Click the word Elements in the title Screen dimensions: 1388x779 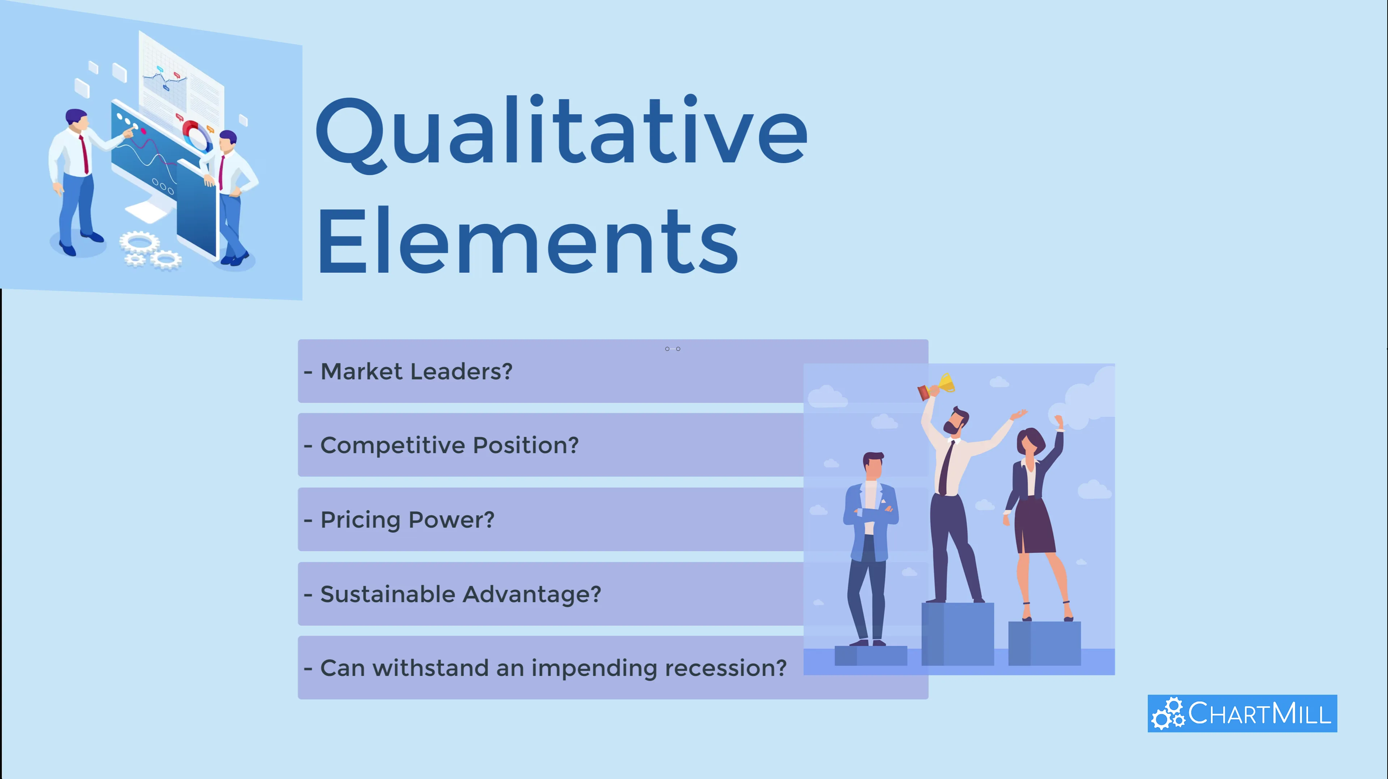528,241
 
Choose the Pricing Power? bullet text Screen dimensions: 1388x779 399,520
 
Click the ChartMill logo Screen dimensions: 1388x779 1242,713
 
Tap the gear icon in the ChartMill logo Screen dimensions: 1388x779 1168,713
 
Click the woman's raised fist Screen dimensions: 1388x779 1059,421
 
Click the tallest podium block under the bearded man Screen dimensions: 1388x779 958,634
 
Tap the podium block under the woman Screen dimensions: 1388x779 1044,643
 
